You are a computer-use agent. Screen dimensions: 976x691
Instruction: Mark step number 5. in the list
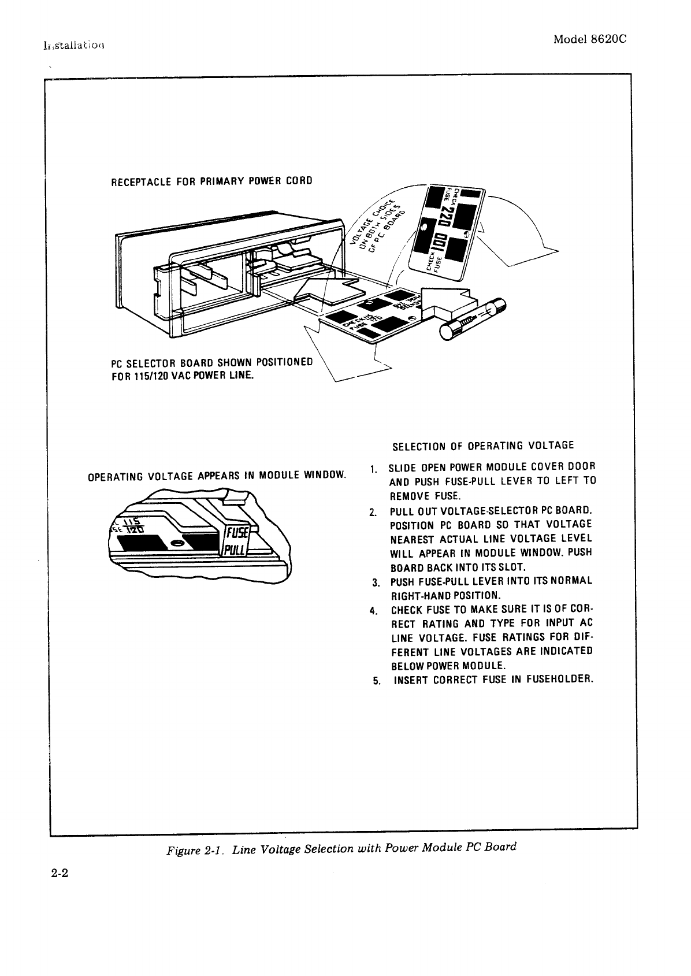click(x=377, y=681)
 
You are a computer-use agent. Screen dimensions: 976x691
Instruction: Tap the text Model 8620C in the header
click(x=590, y=39)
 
